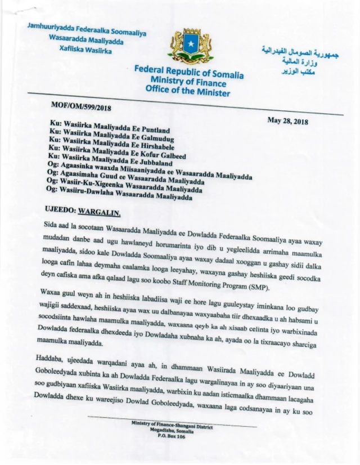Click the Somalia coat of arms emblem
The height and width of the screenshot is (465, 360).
click(x=190, y=46)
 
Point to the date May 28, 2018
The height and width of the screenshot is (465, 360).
click(x=288, y=120)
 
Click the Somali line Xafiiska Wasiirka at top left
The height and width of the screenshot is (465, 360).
click(x=85, y=50)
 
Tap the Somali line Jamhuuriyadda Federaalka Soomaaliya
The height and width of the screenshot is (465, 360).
click(x=86, y=30)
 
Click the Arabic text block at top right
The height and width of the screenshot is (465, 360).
click(x=295, y=60)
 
